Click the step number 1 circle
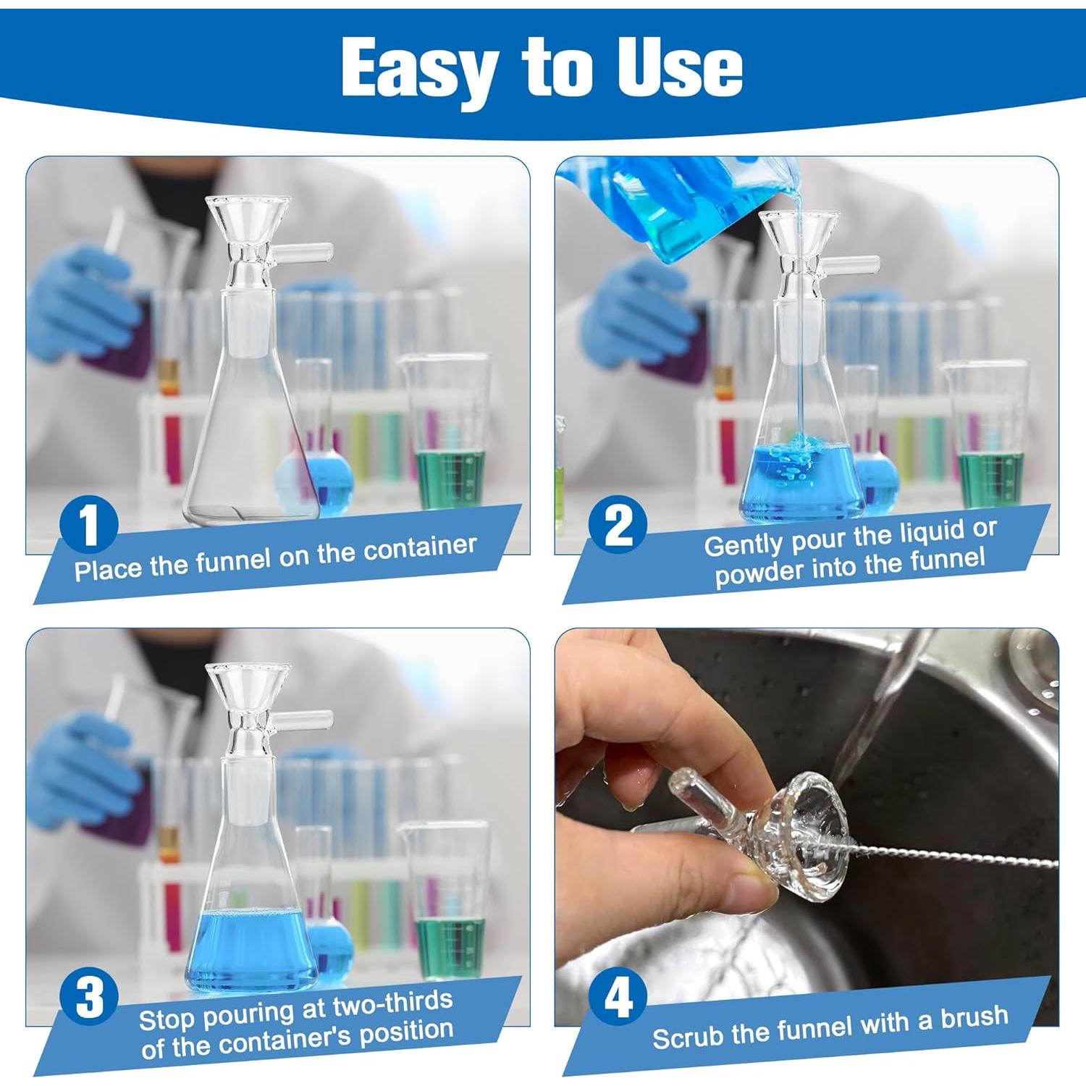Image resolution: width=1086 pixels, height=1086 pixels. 89,525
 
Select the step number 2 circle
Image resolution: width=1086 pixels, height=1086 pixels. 618,525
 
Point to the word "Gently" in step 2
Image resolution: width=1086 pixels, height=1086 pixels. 744,543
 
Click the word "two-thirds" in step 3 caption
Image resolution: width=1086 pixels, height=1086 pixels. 392,1006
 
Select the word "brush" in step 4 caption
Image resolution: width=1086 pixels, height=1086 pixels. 974,1016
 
